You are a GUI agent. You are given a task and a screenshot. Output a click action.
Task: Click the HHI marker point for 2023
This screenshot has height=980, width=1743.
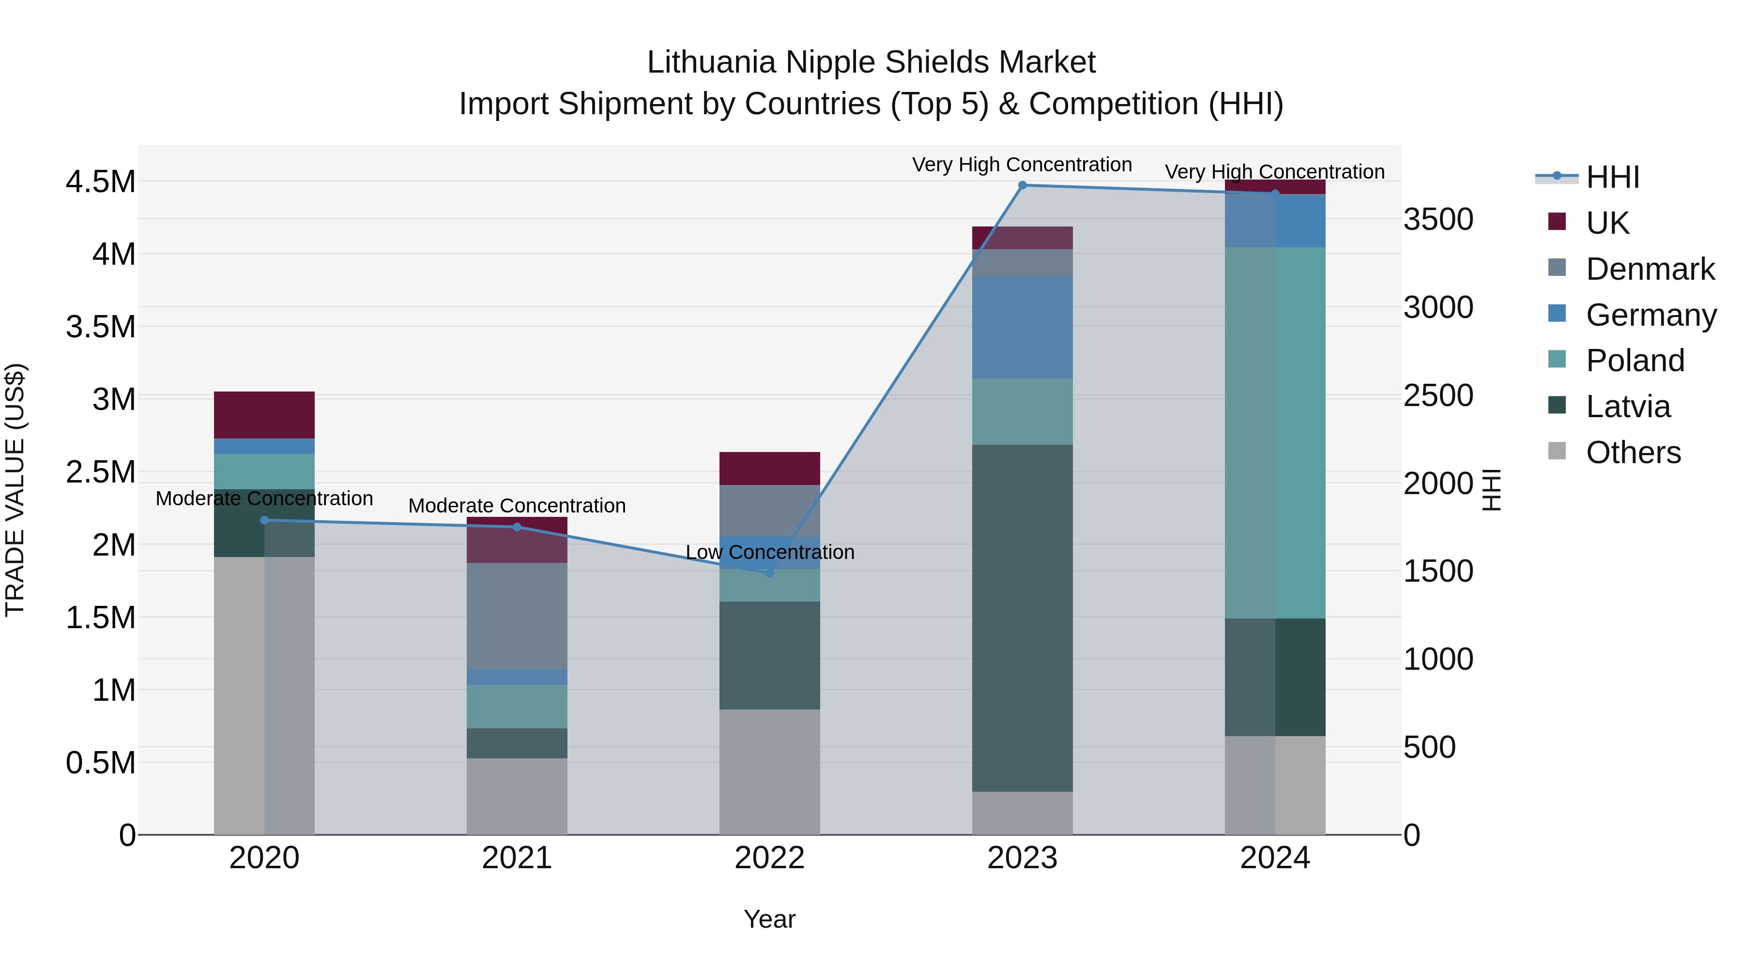(1023, 185)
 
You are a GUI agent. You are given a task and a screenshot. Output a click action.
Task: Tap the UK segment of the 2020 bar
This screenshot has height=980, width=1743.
(264, 415)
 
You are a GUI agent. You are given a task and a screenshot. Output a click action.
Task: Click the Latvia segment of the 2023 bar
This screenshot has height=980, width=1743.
(1023, 618)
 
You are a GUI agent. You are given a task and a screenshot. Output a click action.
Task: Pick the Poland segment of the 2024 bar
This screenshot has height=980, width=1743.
(1275, 433)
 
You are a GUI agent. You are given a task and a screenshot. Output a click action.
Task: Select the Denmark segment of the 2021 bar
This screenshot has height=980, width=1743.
(517, 616)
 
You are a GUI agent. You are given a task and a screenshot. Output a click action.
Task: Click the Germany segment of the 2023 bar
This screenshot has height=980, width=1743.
(1023, 327)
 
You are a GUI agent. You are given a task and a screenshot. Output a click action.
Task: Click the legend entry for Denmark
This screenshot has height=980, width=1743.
(1650, 269)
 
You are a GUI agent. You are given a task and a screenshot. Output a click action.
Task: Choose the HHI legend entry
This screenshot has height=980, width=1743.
(1612, 177)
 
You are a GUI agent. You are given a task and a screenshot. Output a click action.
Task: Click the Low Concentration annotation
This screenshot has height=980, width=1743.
(770, 552)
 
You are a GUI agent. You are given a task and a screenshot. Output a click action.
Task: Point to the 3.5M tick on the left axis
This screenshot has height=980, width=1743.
(100, 327)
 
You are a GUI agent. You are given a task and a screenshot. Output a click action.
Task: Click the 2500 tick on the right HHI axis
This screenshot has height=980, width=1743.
(1438, 396)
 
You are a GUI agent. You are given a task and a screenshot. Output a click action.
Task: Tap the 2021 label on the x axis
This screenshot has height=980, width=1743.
(517, 858)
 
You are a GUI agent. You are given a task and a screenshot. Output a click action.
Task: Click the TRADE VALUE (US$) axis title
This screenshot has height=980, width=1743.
(15, 490)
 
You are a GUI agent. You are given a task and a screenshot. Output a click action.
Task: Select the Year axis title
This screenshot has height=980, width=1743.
(769, 919)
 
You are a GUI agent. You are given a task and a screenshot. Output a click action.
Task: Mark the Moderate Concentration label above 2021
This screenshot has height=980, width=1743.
(517, 505)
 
